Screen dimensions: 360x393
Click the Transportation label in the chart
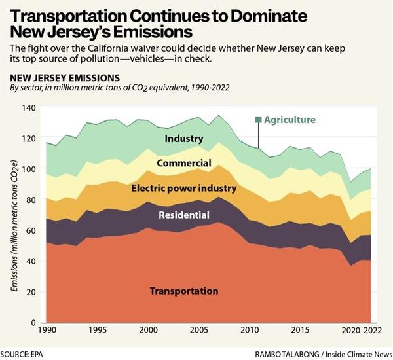tap(184, 291)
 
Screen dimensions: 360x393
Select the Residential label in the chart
tap(183, 215)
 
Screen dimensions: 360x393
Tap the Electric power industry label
tap(183, 189)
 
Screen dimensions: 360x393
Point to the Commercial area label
tap(183, 163)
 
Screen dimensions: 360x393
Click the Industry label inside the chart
tap(184, 139)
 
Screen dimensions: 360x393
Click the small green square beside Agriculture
tap(259, 120)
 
